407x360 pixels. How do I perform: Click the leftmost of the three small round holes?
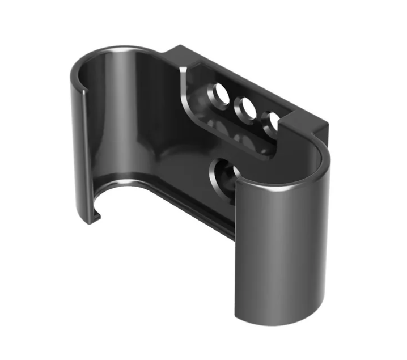pyautogui.click(x=217, y=94)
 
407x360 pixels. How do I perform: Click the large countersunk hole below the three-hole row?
pyautogui.click(x=223, y=177)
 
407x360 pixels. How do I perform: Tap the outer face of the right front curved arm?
pyautogui.click(x=283, y=255)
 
